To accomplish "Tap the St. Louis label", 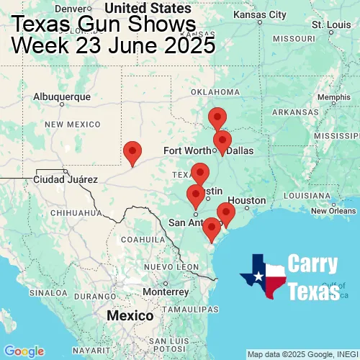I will click(x=327, y=24).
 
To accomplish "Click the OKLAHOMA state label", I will click(x=215, y=92).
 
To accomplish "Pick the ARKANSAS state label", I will click(x=295, y=112).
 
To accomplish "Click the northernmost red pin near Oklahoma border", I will click(x=217, y=118).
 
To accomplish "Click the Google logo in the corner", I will click(x=23, y=351).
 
